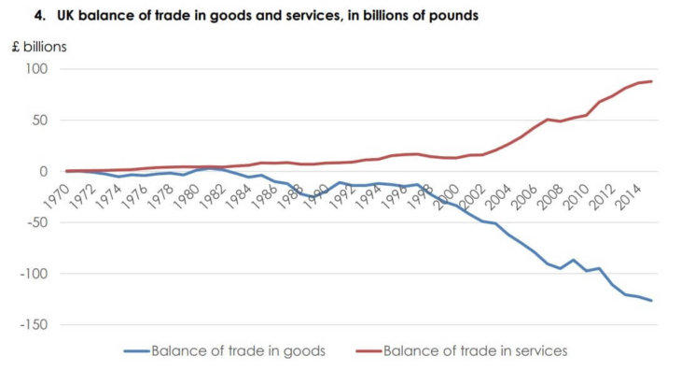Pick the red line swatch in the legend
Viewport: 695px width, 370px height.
click(x=369, y=350)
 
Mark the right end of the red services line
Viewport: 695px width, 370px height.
click(x=651, y=81)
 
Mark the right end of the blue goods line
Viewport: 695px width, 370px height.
click(x=651, y=301)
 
